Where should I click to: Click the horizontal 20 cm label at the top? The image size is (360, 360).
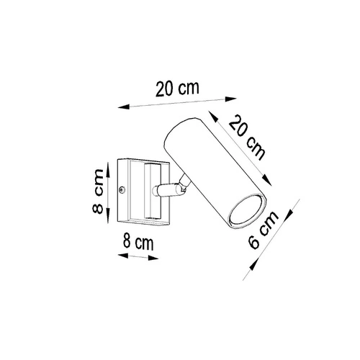(x=176, y=91)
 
